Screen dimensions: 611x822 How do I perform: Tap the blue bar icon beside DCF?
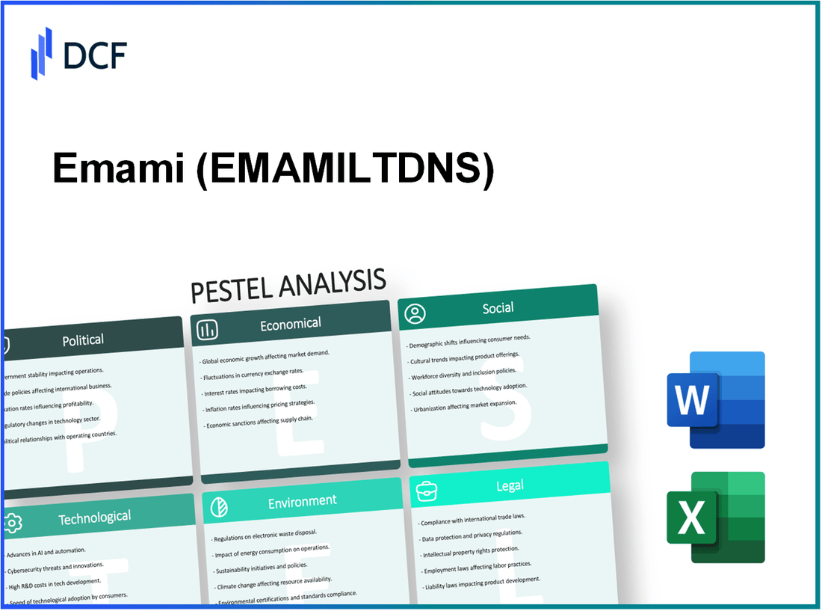coord(42,54)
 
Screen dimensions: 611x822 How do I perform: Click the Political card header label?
coord(83,340)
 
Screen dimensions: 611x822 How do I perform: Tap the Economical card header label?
coord(290,324)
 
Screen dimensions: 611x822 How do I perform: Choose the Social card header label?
coord(498,308)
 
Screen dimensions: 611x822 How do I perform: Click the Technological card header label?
coord(94,517)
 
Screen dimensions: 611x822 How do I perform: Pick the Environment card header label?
coord(302,501)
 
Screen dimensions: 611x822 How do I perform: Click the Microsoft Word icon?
coord(715,400)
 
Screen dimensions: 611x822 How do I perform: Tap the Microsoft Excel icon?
coord(715,517)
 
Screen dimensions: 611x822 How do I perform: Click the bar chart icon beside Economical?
coord(208,328)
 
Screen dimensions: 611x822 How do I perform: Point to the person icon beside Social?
coord(415,313)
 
